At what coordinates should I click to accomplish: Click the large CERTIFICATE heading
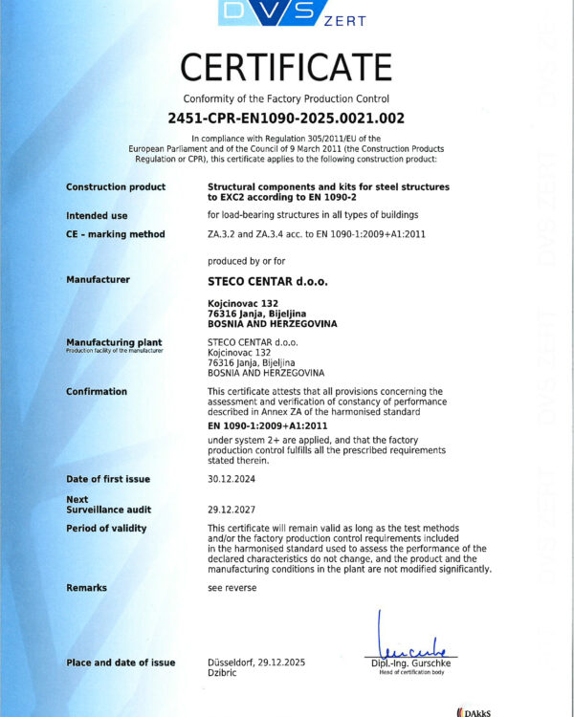(287, 68)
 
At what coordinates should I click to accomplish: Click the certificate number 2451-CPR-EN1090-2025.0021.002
(287, 119)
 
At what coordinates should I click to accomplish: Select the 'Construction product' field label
(116, 187)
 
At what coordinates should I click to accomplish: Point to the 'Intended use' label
(97, 216)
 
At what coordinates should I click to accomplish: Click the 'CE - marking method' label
(116, 234)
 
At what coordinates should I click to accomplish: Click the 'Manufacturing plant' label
(114, 341)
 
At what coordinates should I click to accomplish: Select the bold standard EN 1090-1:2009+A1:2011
(268, 424)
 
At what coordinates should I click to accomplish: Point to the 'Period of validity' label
(106, 529)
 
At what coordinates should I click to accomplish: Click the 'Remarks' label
(87, 588)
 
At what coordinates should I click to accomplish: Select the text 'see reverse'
(232, 588)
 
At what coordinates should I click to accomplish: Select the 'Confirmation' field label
(97, 392)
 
